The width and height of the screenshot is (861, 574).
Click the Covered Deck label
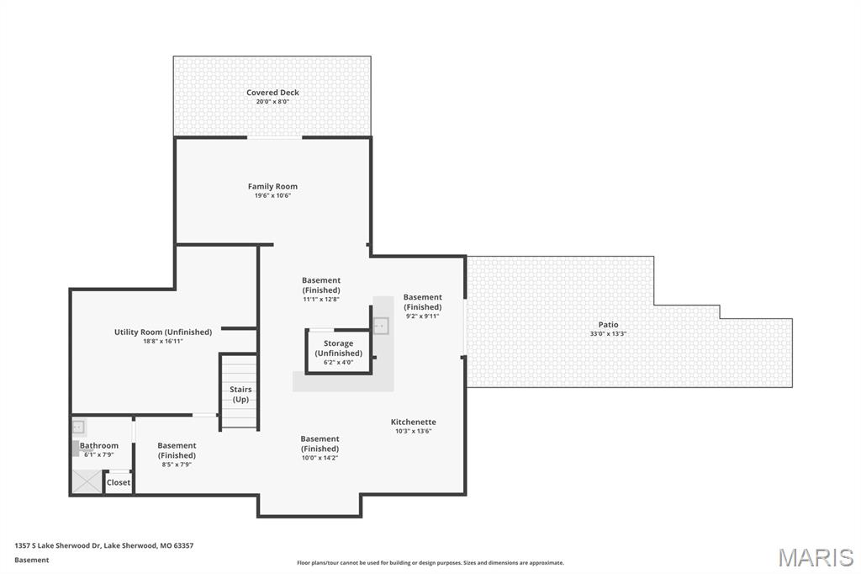pyautogui.click(x=272, y=93)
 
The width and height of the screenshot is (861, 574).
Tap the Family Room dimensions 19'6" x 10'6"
pyautogui.click(x=272, y=195)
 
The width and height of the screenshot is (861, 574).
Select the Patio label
pyautogui.click(x=608, y=325)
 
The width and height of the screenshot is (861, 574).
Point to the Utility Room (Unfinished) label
pyautogui.click(x=163, y=332)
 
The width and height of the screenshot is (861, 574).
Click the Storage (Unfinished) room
pyautogui.click(x=338, y=351)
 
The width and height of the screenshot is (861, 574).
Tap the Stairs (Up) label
pyautogui.click(x=240, y=394)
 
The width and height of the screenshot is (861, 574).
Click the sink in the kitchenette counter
pyautogui.click(x=381, y=324)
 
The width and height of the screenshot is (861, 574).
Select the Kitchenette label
pyautogui.click(x=413, y=422)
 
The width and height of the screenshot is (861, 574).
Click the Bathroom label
pyautogui.click(x=99, y=445)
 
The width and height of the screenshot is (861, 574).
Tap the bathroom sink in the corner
pyautogui.click(x=78, y=427)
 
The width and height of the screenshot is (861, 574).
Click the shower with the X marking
pyautogui.click(x=86, y=481)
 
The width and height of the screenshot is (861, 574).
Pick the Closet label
pyautogui.click(x=119, y=482)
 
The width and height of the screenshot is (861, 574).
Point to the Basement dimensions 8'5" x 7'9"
pyautogui.click(x=177, y=465)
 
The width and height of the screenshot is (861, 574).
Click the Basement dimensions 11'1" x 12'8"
pyautogui.click(x=321, y=300)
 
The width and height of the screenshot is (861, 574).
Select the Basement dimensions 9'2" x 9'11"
pyautogui.click(x=422, y=316)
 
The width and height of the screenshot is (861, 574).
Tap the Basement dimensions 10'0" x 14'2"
pyautogui.click(x=320, y=458)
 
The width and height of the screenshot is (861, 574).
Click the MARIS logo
pyautogui.click(x=815, y=557)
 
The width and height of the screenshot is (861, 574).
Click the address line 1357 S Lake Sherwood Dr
pyautogui.click(x=103, y=545)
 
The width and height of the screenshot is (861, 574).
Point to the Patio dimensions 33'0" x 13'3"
pyautogui.click(x=608, y=334)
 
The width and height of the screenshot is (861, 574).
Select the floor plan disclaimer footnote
pyautogui.click(x=430, y=563)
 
